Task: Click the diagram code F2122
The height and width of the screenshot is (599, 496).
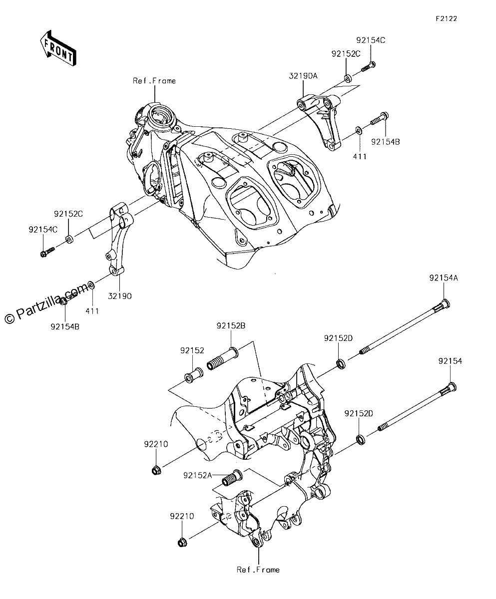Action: coord(447,18)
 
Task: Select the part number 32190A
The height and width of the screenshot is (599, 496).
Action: coord(303,76)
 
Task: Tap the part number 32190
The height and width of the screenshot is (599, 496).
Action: coord(120,296)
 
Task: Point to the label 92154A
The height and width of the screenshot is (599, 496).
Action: coord(444,278)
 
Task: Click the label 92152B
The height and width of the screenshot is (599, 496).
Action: coord(231,326)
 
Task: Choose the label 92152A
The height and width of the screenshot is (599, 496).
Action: coord(198,475)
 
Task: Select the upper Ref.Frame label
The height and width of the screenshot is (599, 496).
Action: coord(154,81)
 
